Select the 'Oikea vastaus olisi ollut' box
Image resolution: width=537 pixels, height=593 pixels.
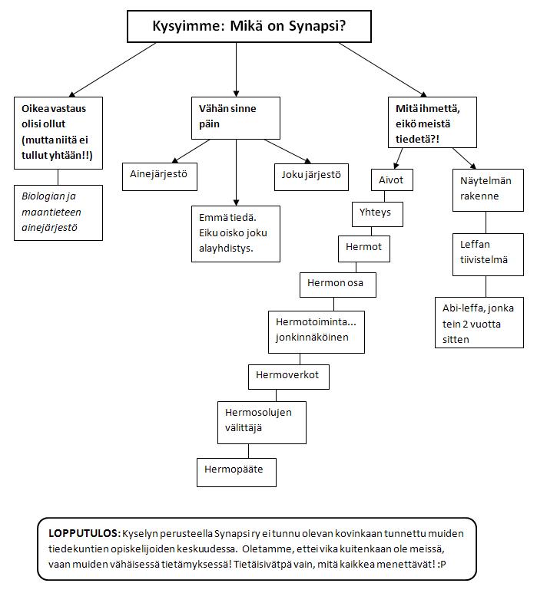click(x=58, y=133)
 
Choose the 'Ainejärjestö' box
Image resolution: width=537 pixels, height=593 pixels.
click(x=160, y=176)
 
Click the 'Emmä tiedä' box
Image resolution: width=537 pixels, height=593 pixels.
click(x=235, y=233)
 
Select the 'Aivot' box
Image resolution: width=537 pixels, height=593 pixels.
click(x=391, y=181)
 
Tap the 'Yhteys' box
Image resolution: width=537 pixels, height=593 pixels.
click(x=376, y=212)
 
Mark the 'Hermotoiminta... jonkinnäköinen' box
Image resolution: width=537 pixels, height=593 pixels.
click(x=315, y=331)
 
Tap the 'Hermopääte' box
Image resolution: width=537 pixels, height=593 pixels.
click(x=235, y=469)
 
